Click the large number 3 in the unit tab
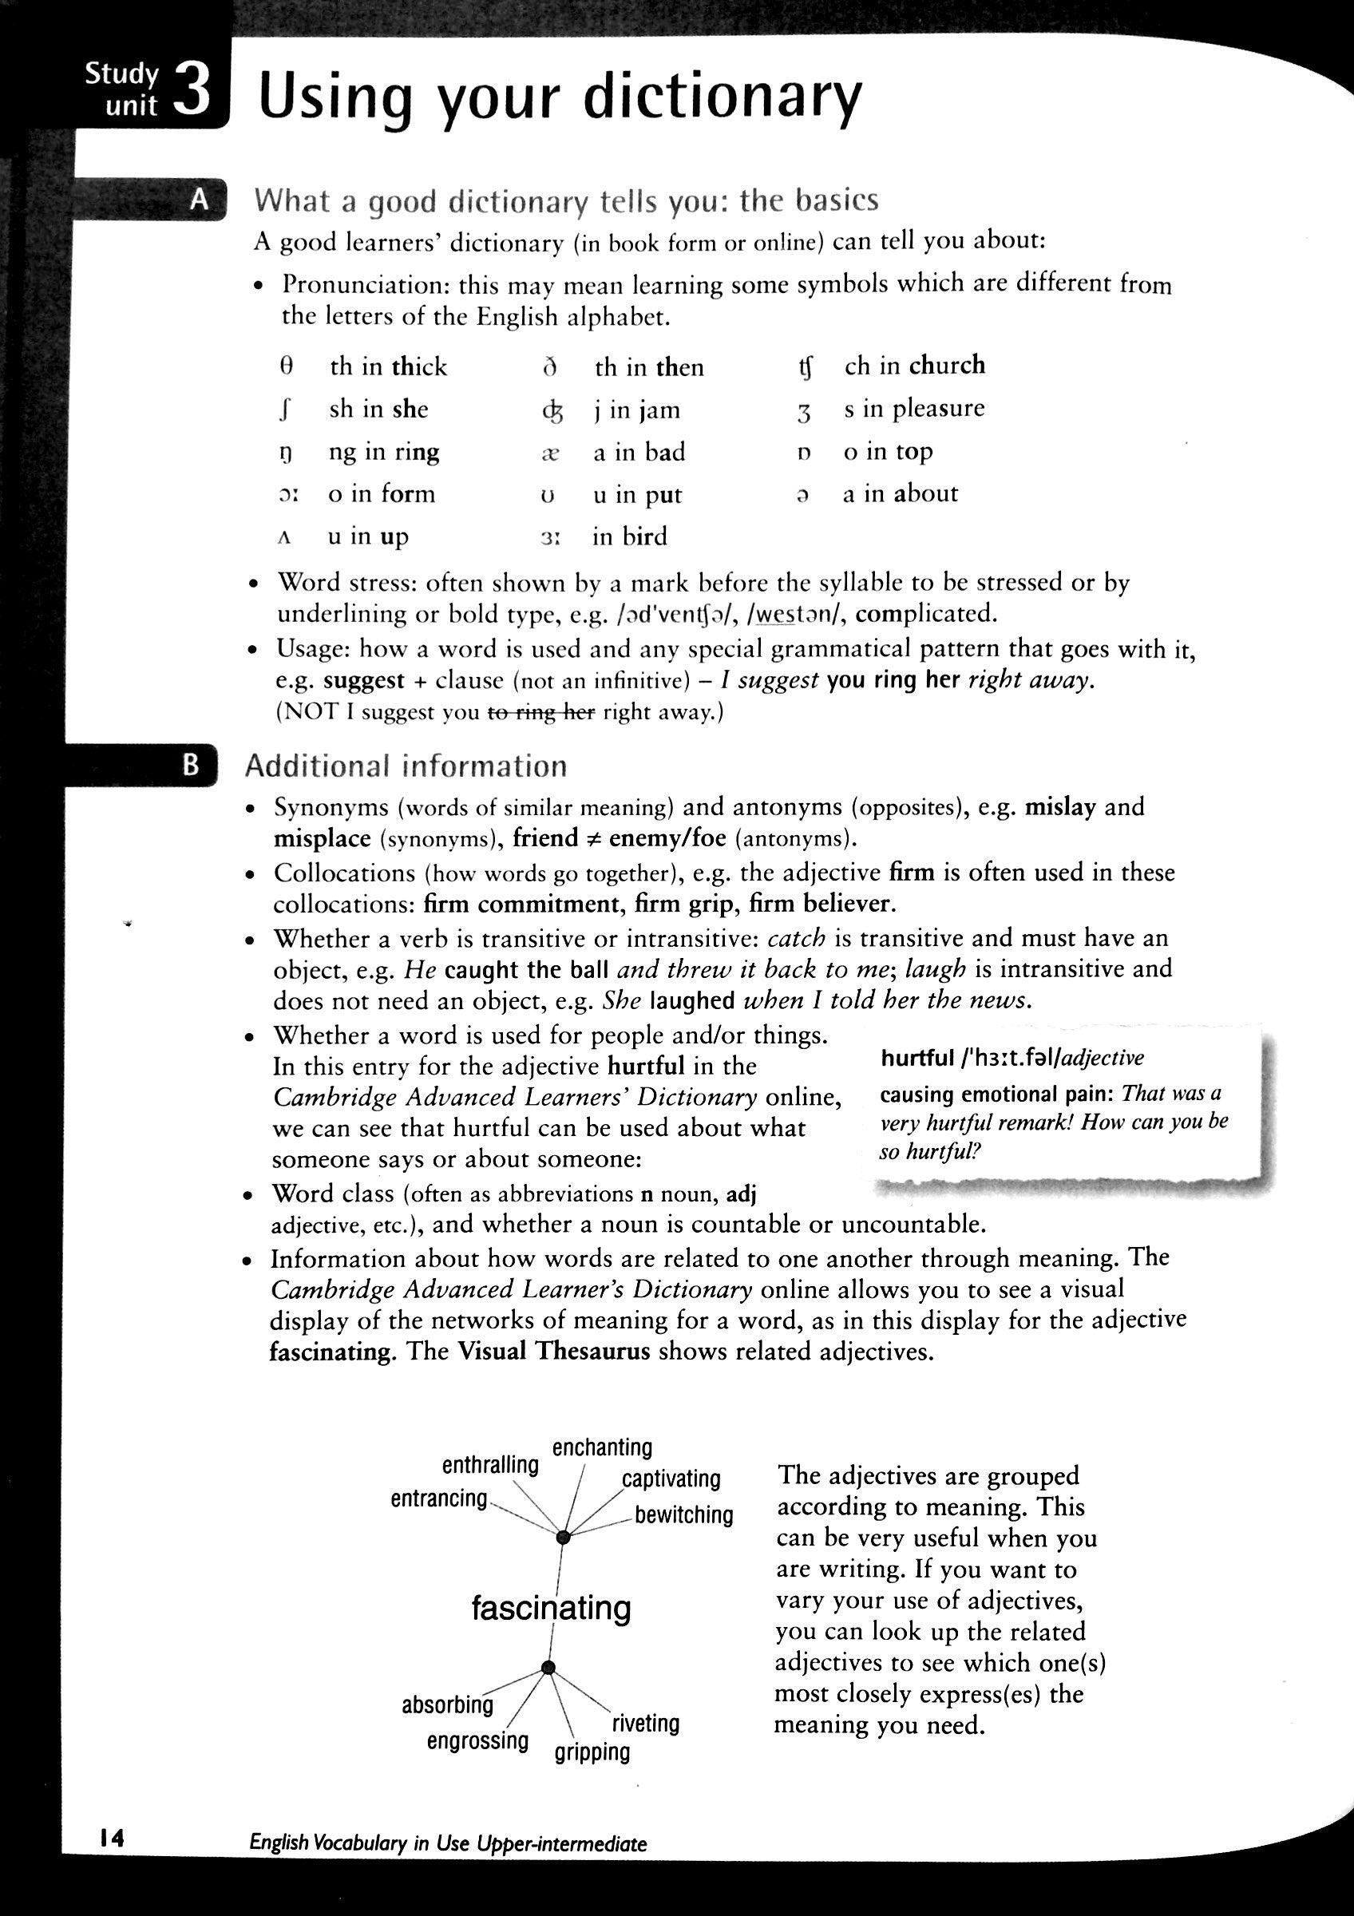192,93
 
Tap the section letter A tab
200,200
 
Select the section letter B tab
191,764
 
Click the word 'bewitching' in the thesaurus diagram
683,1514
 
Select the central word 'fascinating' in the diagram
551,1607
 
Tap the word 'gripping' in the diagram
592,1752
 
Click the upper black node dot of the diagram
563,1537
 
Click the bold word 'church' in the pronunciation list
947,365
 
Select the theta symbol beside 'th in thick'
285,366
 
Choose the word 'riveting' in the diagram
646,1724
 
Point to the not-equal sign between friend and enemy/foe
593,839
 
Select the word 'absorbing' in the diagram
447,1705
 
